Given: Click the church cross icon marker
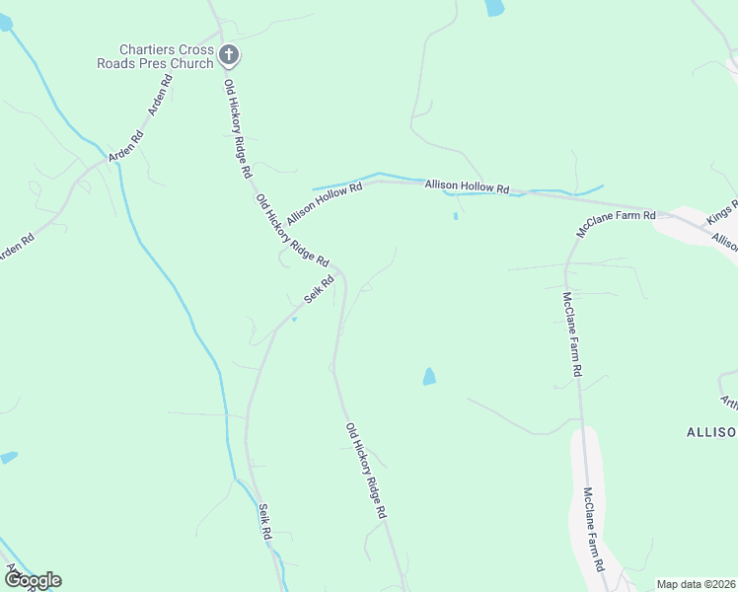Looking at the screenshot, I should click(x=229, y=55).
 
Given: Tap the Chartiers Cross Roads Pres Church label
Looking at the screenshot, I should click(x=166, y=56).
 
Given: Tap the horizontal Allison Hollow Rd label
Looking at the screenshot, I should click(x=467, y=186).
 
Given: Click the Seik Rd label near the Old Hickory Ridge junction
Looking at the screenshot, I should click(x=319, y=289).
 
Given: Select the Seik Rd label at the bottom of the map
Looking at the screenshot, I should click(x=264, y=521).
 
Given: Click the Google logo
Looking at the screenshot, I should click(x=33, y=580).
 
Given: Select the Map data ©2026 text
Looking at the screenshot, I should click(x=696, y=584).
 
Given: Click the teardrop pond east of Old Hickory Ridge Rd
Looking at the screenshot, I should click(x=428, y=376).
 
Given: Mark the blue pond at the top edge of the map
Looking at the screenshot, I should click(x=494, y=8).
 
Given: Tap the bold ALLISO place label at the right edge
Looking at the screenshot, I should click(x=711, y=432).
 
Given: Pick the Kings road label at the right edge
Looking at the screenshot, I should click(x=723, y=218).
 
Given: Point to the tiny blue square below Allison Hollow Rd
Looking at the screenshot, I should click(x=455, y=216).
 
